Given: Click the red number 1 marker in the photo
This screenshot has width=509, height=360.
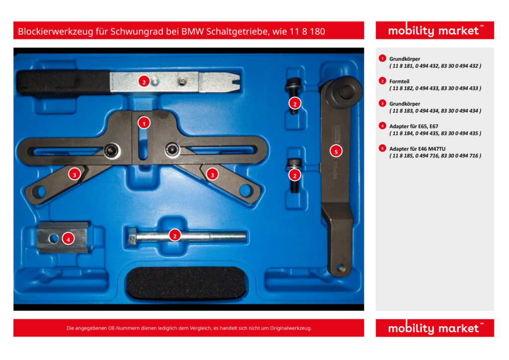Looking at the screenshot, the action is pos(144,123).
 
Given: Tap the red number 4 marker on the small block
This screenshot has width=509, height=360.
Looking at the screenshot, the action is pos(68,239).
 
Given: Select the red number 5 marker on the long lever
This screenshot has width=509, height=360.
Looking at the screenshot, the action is pos(336,151).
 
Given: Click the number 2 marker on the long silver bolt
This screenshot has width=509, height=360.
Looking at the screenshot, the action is pos(175,236).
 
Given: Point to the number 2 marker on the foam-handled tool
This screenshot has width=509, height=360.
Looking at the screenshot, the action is pos(144,82).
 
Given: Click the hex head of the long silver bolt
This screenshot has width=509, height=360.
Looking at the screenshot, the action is pos(132,236).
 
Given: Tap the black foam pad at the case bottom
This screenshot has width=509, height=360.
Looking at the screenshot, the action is pos(186,282).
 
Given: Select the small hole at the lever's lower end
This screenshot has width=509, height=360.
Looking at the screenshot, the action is pos(340,268).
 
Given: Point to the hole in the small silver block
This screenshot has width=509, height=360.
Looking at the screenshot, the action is pos(53,239).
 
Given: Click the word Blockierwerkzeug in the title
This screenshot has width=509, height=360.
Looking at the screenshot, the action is pos(55,31).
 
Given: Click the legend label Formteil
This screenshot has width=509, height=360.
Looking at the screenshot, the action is pos(399,82).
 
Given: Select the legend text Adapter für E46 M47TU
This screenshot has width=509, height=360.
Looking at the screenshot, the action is pos(418,149).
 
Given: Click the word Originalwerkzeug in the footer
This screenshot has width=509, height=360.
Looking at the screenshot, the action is pos(291,328).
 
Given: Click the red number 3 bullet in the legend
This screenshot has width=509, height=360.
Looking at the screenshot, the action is pos(382,103).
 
